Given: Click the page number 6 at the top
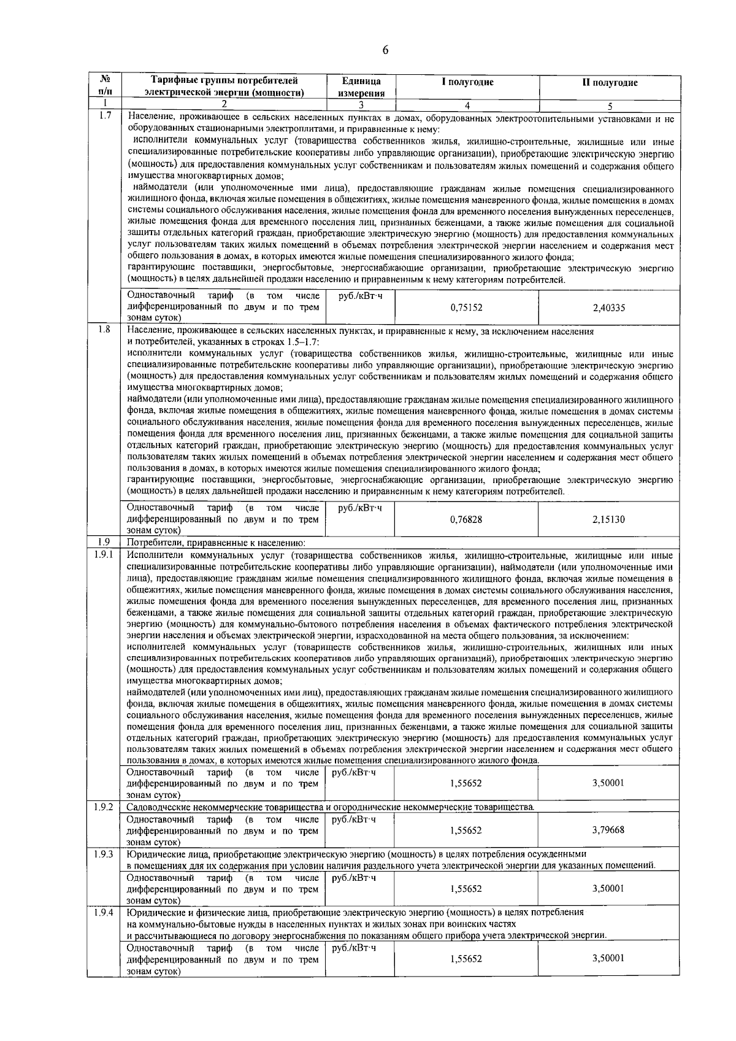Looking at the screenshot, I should pos(385,51).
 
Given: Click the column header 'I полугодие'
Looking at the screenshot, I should pos(467,82).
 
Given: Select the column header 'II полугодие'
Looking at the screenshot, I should pos(609,83).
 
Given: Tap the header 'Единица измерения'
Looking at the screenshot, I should pos(361,87).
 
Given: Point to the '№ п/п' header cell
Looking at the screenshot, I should pos(104,87).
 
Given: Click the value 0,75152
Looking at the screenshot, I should pos(466,308).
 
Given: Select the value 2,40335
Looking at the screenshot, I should pos(609,308).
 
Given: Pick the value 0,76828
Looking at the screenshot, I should pos(466,519).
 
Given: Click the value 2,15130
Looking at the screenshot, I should pos(609,519).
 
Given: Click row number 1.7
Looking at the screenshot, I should pos(104,116).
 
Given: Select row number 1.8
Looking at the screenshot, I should pos(104,330).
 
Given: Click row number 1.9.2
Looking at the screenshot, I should pos(104,806).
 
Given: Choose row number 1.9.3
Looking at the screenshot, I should pos(104,854).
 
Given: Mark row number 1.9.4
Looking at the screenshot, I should pos(104,913).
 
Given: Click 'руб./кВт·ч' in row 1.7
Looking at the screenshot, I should pos(360,296).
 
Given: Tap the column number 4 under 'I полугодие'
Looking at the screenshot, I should pos(467,105).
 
